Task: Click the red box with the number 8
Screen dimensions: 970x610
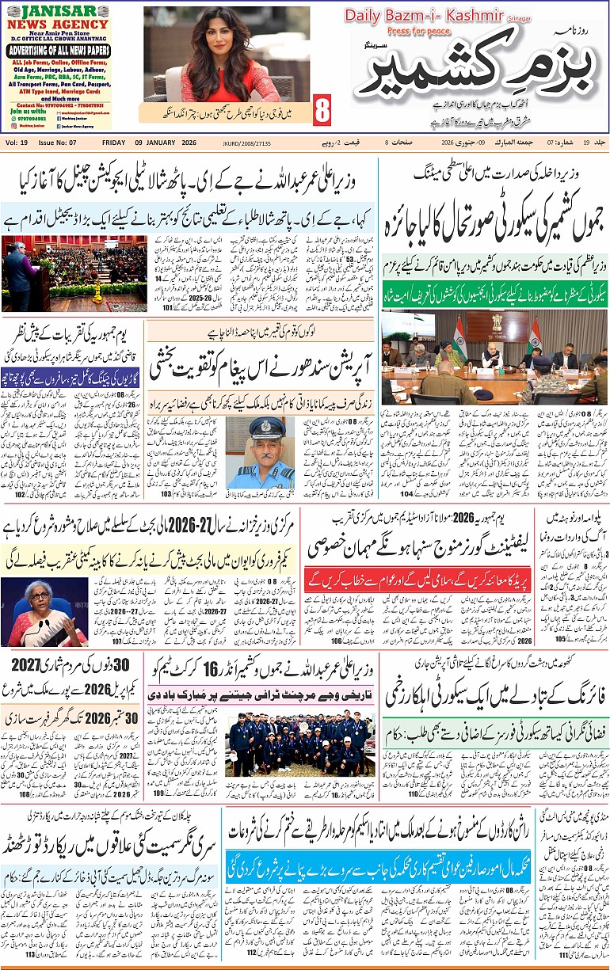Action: pos(322,112)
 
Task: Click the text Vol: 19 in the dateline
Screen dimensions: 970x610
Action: pos(16,142)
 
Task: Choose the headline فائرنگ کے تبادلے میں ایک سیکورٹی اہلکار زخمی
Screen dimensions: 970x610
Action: pos(495,696)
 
